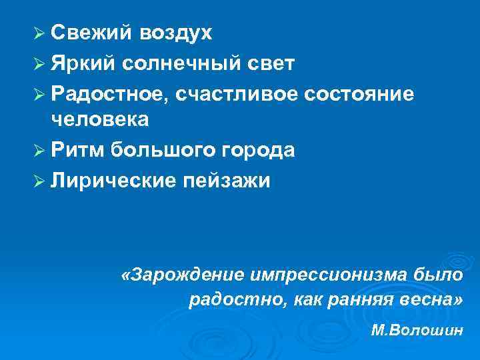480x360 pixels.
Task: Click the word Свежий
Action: point(89,33)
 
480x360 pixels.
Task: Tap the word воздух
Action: point(174,34)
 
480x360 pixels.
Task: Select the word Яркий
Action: point(83,63)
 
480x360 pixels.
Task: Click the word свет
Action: point(271,63)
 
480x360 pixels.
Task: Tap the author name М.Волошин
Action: point(417,331)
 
